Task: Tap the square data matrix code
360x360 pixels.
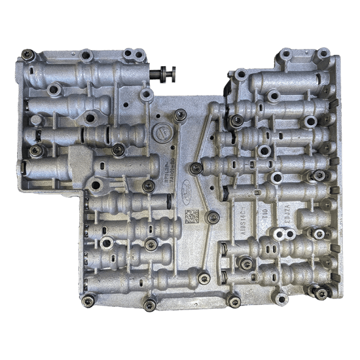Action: [x=191, y=215]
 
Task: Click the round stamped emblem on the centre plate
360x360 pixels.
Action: [x=160, y=130]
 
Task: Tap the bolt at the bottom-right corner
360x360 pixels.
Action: [x=320, y=292]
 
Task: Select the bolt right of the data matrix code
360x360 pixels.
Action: [x=213, y=217]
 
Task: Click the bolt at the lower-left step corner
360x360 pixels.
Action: [x=89, y=298]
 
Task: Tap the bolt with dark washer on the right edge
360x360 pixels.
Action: [x=319, y=175]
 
